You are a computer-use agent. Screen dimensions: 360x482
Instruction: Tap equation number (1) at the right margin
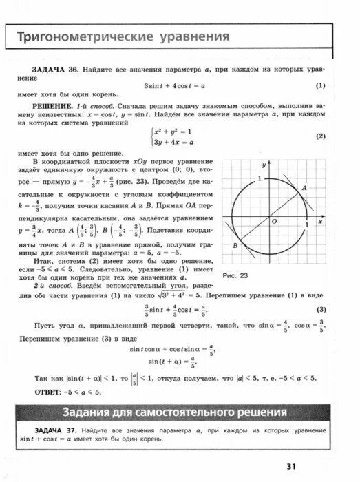tap(320, 86)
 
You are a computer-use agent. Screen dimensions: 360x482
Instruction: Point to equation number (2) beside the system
tap(320, 136)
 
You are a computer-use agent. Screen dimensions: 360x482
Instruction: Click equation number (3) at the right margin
tap(320, 309)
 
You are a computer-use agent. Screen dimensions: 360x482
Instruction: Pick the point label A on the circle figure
tap(304, 187)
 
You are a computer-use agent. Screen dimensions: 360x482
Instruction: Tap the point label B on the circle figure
tap(235, 246)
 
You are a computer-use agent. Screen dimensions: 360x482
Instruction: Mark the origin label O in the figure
tap(273, 222)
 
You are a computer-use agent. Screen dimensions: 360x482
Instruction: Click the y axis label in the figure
tap(264, 166)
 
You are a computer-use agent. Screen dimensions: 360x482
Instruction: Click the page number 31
tap(291, 466)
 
